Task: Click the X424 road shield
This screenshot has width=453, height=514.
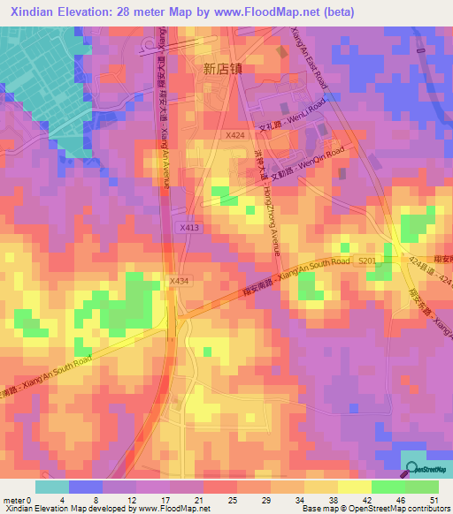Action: [x=234, y=135]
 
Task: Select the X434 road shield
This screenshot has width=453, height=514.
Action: [x=180, y=281]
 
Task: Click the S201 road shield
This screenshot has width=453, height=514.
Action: [x=366, y=259]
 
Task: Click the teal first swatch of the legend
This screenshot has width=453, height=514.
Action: [x=52, y=487]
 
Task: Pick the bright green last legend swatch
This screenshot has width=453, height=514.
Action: [x=422, y=487]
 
